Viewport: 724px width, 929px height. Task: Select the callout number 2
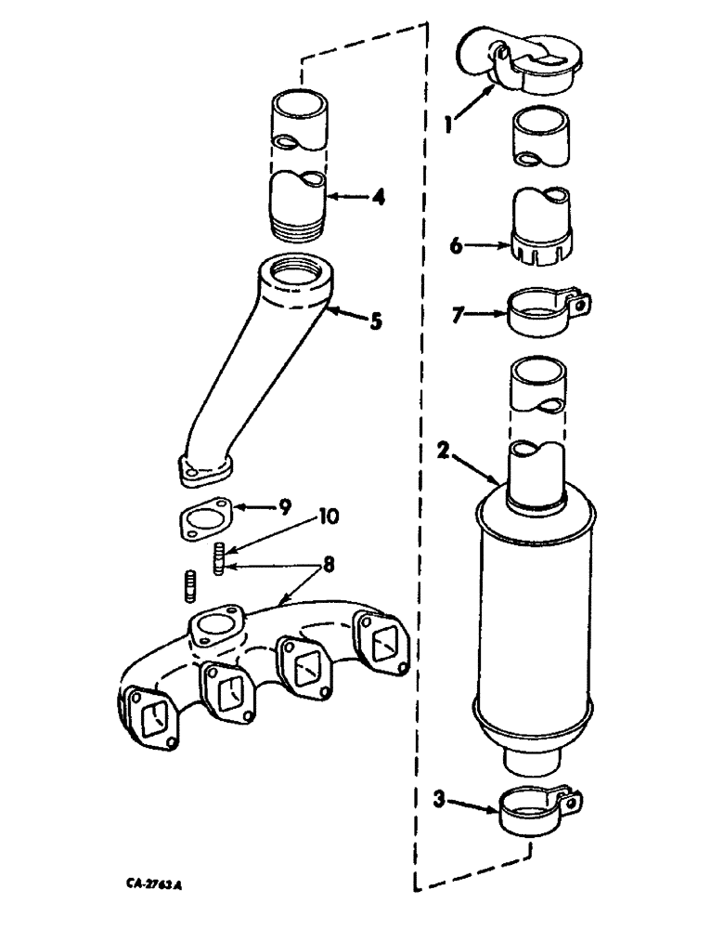[x=446, y=452]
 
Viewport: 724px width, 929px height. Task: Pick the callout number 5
[x=375, y=322]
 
